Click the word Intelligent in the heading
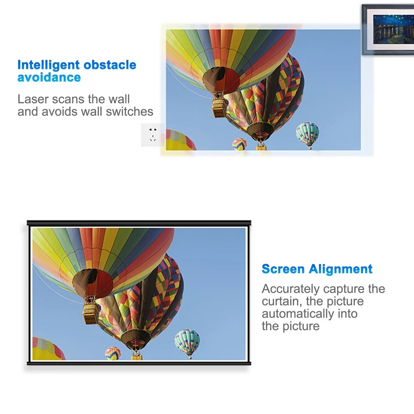(x=48, y=65)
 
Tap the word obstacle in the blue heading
(x=110, y=65)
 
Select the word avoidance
(x=49, y=77)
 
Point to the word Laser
(x=33, y=99)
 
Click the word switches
(x=129, y=111)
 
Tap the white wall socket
(x=153, y=135)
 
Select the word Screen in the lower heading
(x=283, y=269)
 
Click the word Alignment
(x=341, y=270)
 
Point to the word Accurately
(x=291, y=289)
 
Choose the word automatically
(x=298, y=314)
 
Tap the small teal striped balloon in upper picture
(x=307, y=133)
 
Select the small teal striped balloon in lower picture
(x=187, y=342)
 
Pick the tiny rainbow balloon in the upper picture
(x=239, y=144)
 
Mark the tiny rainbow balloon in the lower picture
(x=113, y=353)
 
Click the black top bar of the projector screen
(x=139, y=223)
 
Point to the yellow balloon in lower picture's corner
(x=48, y=349)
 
